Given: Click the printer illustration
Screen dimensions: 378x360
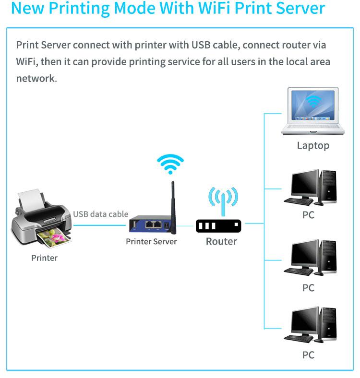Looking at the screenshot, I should point(41,218).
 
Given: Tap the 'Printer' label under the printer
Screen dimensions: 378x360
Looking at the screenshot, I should point(44,258).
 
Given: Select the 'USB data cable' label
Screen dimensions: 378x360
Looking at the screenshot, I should point(101,214).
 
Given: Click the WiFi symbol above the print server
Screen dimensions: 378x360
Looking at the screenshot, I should point(170,165).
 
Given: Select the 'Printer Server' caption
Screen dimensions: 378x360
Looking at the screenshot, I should point(151,241).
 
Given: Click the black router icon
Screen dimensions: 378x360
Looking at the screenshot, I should point(218,225).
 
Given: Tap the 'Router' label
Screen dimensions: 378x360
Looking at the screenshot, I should point(221,241).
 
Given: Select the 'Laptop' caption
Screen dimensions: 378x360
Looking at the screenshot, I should point(313,146).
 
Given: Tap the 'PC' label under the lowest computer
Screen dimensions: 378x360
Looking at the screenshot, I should point(308,355).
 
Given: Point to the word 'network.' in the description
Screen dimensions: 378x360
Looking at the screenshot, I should point(36,79).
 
